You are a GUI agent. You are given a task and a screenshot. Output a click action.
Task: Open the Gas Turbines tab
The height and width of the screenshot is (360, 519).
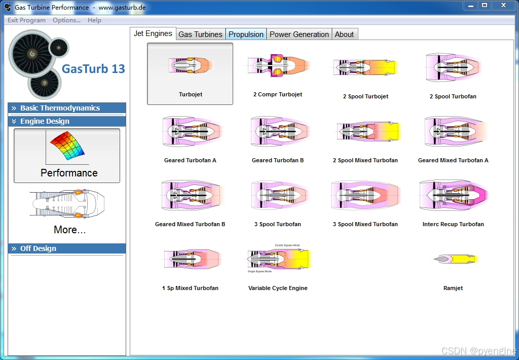200,34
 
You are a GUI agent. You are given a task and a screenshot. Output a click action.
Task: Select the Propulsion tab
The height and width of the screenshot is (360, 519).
246,34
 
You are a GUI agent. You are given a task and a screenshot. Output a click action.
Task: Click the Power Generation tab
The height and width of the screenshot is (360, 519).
299,34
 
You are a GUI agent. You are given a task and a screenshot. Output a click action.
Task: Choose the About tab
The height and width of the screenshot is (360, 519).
344,34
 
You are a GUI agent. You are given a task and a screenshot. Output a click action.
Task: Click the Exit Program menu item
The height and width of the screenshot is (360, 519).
26,20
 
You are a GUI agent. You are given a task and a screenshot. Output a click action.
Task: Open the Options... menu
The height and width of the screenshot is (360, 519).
66,20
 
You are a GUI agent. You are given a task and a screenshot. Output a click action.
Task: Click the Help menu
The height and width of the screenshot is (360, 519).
94,20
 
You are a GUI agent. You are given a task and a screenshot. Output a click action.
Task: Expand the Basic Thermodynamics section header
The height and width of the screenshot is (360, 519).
60,108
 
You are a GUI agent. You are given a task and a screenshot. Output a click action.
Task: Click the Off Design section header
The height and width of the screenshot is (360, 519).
38,248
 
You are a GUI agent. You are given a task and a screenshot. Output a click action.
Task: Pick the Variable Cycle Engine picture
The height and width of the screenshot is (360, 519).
278,259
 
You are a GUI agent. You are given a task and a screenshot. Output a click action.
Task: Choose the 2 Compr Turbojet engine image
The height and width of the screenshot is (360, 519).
278,66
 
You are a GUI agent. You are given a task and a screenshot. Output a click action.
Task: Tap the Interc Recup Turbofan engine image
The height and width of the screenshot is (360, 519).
453,195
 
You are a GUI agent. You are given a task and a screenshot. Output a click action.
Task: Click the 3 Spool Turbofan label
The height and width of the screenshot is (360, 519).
278,224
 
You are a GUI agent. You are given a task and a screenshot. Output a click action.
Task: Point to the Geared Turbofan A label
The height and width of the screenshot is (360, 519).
190,160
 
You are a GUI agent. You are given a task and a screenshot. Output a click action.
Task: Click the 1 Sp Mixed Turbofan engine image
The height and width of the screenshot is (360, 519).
190,259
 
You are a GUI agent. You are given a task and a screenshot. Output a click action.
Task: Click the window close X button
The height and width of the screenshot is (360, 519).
503,5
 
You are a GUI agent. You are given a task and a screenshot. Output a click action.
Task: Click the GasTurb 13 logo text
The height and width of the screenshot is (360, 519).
93,69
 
